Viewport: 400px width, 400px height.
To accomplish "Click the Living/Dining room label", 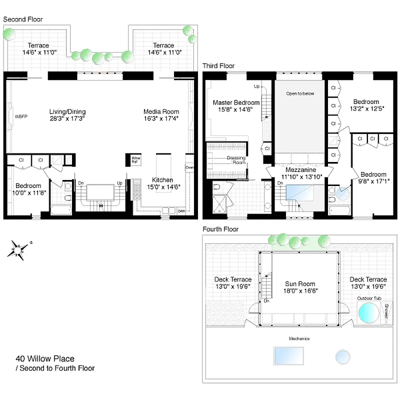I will click(67, 111).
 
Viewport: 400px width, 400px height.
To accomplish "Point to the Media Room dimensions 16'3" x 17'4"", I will click(161, 119).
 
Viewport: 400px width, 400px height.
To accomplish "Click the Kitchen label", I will click(162, 180).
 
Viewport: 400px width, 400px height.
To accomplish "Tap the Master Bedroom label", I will click(236, 102).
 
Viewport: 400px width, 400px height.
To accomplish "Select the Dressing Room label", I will click(236, 160).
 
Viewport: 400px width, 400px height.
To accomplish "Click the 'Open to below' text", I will click(300, 93).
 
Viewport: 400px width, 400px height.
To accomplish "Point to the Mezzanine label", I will click(300, 169).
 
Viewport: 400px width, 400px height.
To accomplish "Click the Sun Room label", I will click(297, 282).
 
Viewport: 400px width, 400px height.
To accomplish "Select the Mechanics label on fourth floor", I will click(298, 338).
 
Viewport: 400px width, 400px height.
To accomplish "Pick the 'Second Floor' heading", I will click(23, 19).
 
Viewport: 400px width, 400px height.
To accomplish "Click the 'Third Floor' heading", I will click(218, 66).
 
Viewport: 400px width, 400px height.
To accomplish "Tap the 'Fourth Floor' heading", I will click(220, 229).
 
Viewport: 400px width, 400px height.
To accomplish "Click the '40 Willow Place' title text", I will click(45, 358).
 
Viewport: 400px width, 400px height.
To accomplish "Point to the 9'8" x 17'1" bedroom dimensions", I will click(373, 181).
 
